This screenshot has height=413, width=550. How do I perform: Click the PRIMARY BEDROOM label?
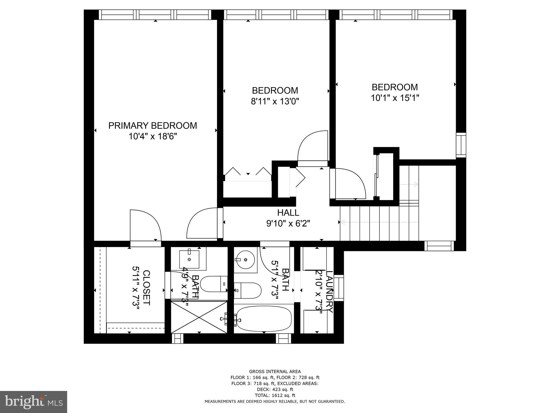point(153,126)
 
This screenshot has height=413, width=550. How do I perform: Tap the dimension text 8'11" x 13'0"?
point(275,101)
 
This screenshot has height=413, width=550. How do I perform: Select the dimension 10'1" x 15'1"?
point(395,98)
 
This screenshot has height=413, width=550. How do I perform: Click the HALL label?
point(288,213)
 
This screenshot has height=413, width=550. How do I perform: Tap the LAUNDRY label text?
point(329,292)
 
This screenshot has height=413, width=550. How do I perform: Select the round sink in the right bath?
point(245,260)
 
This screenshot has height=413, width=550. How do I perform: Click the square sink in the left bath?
point(189,259)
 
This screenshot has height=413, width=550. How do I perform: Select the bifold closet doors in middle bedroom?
point(248,172)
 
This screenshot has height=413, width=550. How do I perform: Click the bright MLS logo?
point(34,402)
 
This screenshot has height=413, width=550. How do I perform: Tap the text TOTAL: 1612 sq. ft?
point(275,395)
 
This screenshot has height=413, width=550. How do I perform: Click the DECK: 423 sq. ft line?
point(275,389)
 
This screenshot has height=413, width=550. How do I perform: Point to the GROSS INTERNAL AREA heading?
point(275,372)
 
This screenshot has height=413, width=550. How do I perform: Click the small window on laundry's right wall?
point(339,288)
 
